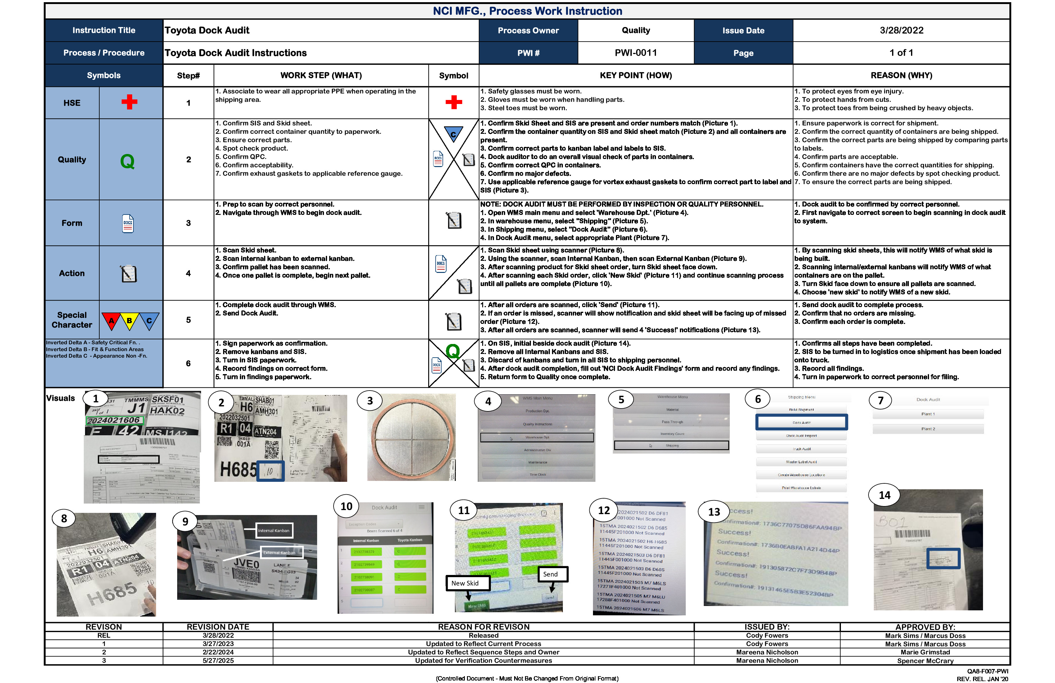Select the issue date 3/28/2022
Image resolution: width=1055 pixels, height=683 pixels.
(x=901, y=30)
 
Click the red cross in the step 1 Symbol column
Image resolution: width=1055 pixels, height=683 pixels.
(x=453, y=102)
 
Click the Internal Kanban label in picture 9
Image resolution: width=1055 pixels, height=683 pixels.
(x=273, y=531)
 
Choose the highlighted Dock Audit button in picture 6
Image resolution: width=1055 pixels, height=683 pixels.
(x=801, y=422)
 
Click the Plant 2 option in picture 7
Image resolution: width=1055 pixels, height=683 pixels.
(x=928, y=429)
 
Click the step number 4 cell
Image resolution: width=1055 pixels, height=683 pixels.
(x=188, y=273)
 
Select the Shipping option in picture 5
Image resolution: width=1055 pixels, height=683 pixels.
(x=671, y=445)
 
